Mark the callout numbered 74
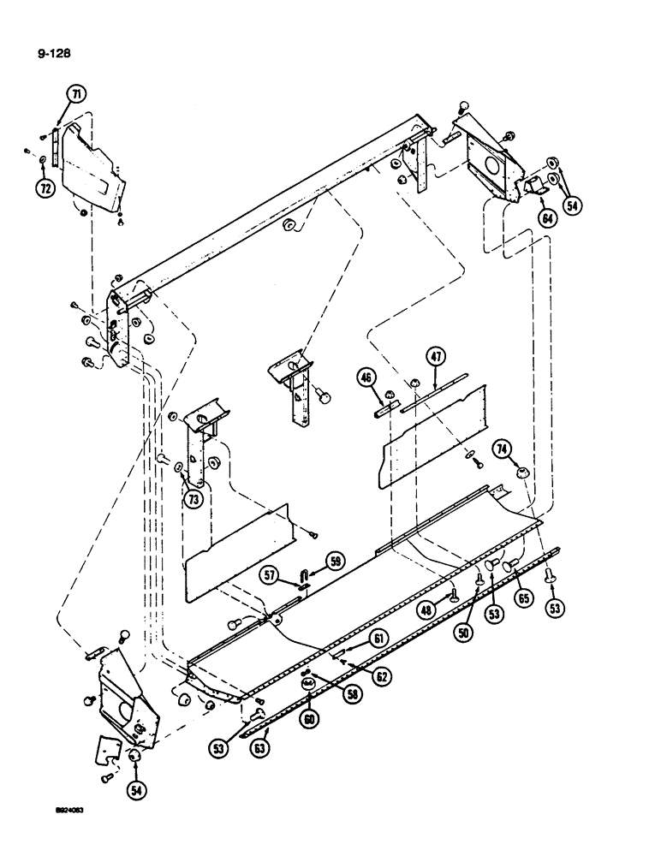click(x=503, y=449)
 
